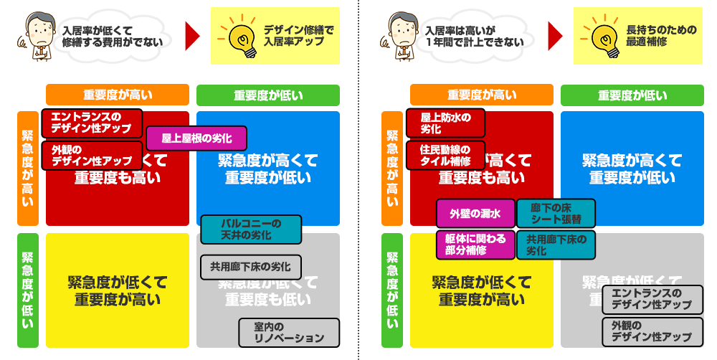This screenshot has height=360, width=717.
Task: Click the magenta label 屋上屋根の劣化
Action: pos(196,138)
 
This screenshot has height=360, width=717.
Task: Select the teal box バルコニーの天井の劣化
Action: pos(251,229)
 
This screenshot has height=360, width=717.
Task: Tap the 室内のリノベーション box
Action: pos(289,333)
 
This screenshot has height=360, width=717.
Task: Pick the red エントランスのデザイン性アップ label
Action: pos(92,123)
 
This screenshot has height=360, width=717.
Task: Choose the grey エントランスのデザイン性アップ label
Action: pos(652,299)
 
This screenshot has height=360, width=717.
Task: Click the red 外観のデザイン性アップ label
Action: pos(92,156)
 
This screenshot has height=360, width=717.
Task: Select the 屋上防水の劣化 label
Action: pos(446,123)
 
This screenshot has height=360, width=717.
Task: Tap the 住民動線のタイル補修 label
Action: pos(446,156)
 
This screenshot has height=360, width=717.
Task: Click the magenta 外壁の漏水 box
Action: pos(475,213)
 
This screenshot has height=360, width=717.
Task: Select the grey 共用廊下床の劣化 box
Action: pos(251,267)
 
